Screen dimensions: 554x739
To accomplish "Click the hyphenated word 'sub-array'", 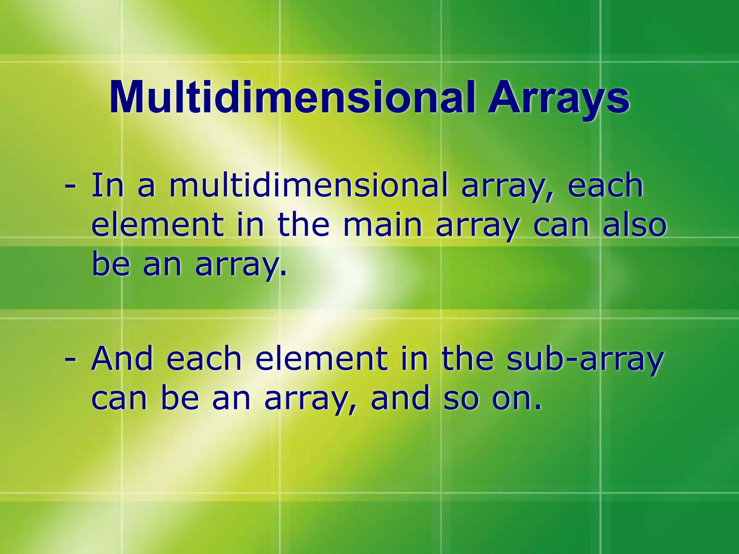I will click(585, 359).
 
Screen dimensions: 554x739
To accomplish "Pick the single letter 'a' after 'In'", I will click(146, 187).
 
